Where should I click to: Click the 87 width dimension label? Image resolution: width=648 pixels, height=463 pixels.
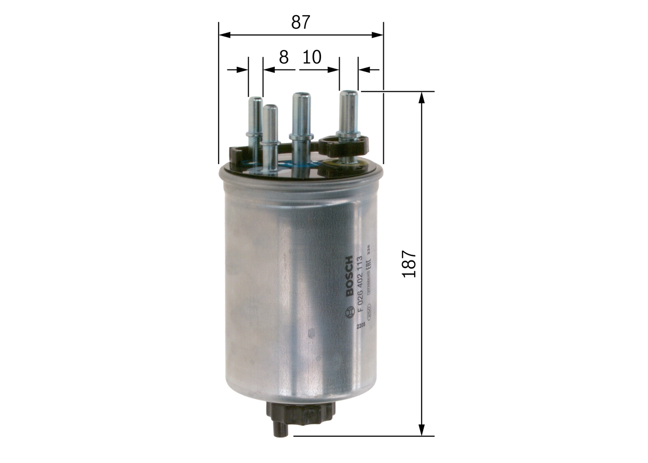point(300,22)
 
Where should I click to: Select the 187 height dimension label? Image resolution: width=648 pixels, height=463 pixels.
point(409,263)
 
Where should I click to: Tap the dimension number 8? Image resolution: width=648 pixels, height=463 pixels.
point(283,57)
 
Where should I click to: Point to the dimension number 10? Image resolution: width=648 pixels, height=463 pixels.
point(311,57)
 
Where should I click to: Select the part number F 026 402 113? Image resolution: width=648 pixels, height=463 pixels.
point(360,284)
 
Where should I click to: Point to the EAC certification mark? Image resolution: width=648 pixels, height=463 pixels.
point(370,263)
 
